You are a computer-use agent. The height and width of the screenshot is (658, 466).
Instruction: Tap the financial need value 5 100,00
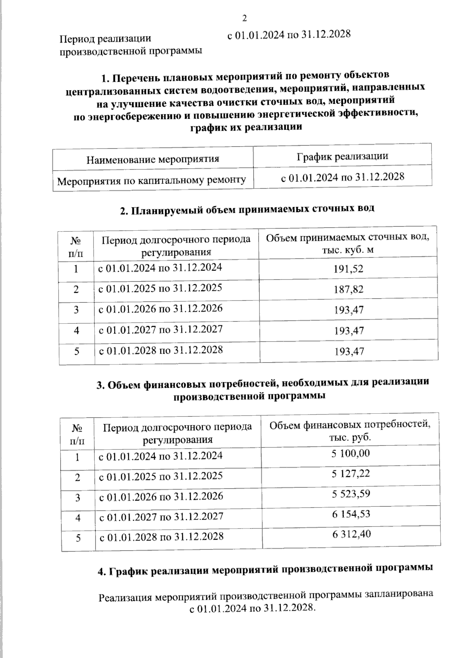click(x=350, y=453)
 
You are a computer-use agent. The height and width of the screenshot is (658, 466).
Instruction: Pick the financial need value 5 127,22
click(x=350, y=473)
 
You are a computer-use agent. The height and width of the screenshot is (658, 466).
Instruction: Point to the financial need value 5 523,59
click(x=350, y=494)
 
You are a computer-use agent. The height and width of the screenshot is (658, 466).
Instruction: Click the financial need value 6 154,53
click(x=350, y=514)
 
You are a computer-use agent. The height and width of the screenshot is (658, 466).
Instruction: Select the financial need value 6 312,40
click(x=351, y=534)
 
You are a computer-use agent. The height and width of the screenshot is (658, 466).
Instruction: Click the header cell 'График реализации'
click(x=342, y=156)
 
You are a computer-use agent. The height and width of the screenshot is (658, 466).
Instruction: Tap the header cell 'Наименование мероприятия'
click(x=153, y=159)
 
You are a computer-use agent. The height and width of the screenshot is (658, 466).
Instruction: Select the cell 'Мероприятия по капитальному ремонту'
click(x=151, y=180)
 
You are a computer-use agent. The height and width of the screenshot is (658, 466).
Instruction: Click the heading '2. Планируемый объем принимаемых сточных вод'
click(x=247, y=209)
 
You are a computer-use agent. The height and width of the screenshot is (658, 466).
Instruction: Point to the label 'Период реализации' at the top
click(x=105, y=39)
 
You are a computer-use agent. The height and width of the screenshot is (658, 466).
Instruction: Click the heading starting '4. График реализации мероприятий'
click(x=265, y=569)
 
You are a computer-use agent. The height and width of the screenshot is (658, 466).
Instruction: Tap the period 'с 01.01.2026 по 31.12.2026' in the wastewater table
click(x=160, y=309)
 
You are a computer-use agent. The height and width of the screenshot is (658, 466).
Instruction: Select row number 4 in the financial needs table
click(x=78, y=517)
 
